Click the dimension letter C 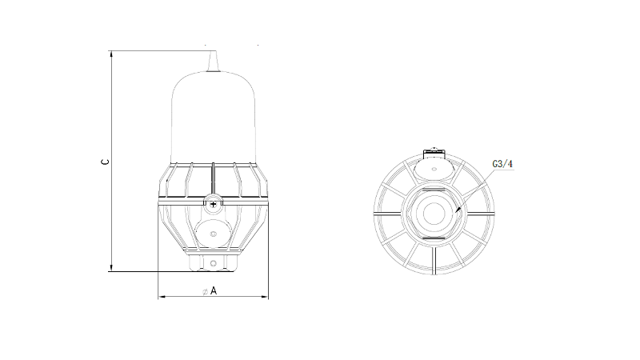[105, 162]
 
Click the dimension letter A [214, 290]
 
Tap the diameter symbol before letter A [206, 291]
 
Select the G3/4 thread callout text [502, 164]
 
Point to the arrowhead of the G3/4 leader [458, 210]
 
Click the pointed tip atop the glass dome [213, 52]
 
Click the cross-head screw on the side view [213, 204]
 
